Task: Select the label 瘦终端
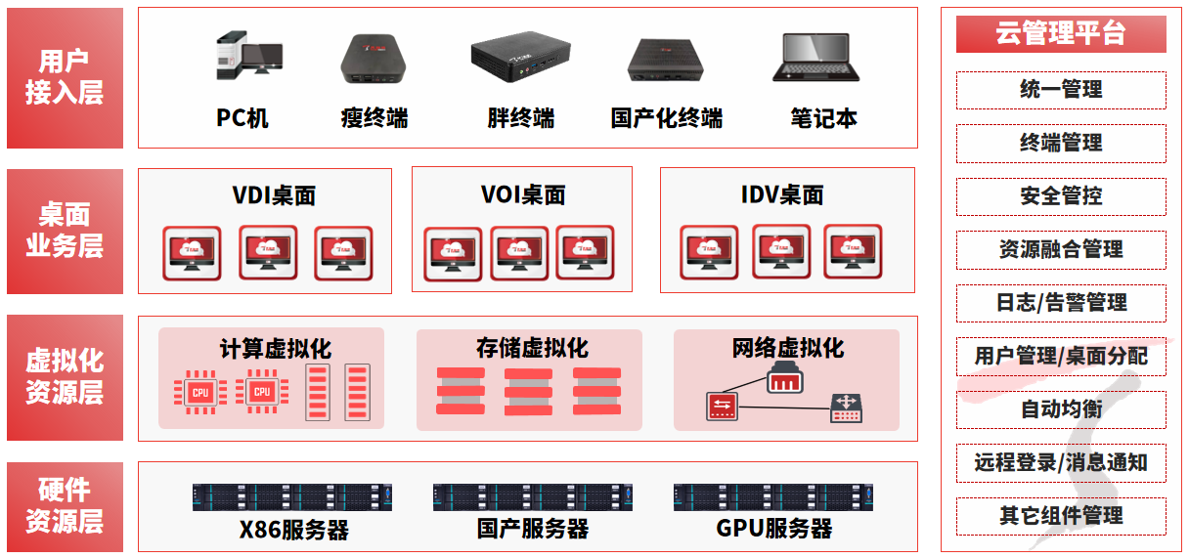(x=374, y=119)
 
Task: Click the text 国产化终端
(x=667, y=119)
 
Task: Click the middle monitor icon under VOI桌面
(x=519, y=252)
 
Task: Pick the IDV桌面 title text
(x=782, y=195)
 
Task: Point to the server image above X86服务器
(x=291, y=496)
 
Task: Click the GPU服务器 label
(x=774, y=530)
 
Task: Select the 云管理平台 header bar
(x=1061, y=33)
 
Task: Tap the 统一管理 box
(x=1061, y=90)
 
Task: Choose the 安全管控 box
(x=1061, y=196)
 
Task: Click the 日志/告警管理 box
(x=1061, y=303)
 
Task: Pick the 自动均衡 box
(x=1061, y=409)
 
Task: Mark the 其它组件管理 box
(x=1061, y=516)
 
